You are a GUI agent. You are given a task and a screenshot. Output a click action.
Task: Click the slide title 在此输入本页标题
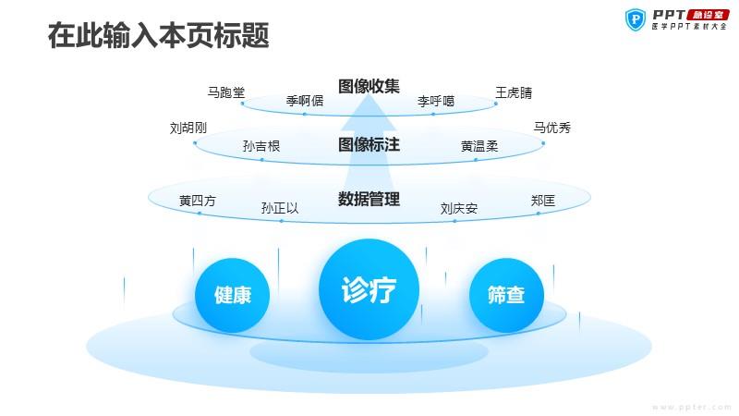click(158, 35)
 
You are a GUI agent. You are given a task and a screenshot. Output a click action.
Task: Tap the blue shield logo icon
click(636, 19)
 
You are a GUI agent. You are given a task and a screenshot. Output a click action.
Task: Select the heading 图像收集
click(369, 86)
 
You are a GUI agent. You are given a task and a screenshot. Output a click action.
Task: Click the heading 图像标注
click(369, 144)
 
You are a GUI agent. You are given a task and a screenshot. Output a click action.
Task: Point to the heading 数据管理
click(369, 199)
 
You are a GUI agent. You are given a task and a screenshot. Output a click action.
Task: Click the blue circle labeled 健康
click(233, 295)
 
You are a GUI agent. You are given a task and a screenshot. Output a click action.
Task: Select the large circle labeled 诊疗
click(369, 289)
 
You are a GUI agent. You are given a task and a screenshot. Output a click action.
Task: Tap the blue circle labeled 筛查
click(506, 295)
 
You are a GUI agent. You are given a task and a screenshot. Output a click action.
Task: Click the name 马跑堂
click(226, 92)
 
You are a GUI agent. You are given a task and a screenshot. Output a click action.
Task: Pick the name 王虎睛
click(514, 92)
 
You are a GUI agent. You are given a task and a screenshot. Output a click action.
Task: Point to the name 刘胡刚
click(188, 128)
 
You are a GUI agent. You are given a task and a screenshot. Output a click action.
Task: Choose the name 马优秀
click(551, 128)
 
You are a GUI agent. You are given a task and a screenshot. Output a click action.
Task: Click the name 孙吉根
click(261, 146)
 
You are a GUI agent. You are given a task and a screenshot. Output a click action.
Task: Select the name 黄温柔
click(479, 146)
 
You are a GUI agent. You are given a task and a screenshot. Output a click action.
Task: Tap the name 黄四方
click(198, 201)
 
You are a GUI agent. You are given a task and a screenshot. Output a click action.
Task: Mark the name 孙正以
click(280, 208)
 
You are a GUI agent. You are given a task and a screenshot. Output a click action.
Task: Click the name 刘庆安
click(459, 208)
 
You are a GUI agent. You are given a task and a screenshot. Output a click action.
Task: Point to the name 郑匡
click(543, 201)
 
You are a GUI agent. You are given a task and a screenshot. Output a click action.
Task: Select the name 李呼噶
click(436, 101)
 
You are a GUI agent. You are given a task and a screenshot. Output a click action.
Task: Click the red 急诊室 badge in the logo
click(708, 15)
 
